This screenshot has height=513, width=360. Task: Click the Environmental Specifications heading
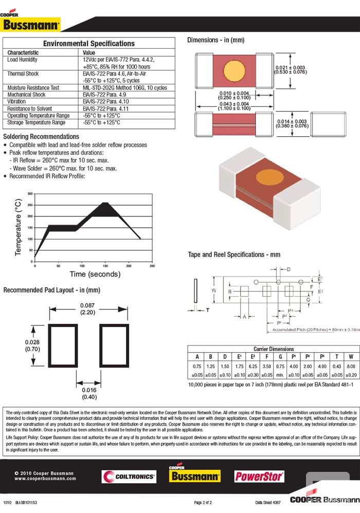(x=88, y=44)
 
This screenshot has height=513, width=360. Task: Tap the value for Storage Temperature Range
(x=101, y=123)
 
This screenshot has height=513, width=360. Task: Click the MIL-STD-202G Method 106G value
(x=124, y=88)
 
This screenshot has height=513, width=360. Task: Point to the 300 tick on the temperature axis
(x=30, y=194)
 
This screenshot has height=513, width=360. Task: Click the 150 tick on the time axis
(x=105, y=266)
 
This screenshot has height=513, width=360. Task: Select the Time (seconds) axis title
(x=95, y=274)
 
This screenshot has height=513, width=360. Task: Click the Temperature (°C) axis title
(x=19, y=227)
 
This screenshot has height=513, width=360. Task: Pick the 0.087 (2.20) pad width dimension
(x=87, y=309)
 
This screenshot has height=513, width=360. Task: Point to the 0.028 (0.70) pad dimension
(x=32, y=345)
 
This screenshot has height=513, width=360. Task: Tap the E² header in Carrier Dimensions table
(x=253, y=357)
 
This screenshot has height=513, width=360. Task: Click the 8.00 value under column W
(x=350, y=367)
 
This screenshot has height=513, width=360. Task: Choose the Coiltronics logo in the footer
(x=129, y=477)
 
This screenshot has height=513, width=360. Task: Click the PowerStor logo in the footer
(x=259, y=477)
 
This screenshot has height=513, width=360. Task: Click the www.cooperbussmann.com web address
(x=45, y=479)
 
